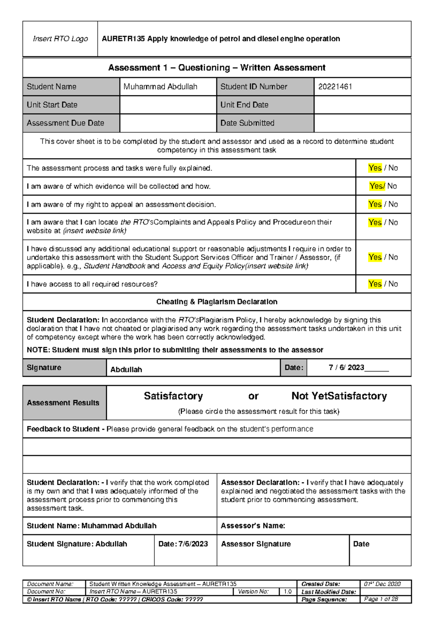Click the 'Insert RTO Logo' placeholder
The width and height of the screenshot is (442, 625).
[x=60, y=39]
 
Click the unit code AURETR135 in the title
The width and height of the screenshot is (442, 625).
[x=123, y=39]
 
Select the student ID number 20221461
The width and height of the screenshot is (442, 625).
[x=335, y=86]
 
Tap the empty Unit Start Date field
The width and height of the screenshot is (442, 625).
[x=168, y=105]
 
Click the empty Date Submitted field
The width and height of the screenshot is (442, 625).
[x=362, y=123]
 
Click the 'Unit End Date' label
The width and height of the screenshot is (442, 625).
[x=244, y=105]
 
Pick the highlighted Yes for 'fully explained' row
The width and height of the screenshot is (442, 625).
[x=375, y=168]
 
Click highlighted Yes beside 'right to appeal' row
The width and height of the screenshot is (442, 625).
[x=375, y=204]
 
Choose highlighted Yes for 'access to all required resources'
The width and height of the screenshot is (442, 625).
[x=375, y=284]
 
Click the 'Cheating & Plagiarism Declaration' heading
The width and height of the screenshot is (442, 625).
[x=217, y=302]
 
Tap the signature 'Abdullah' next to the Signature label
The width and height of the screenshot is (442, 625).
[x=126, y=370]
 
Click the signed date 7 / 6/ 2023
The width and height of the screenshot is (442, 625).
[x=346, y=367]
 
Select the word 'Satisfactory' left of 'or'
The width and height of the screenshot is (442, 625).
[x=173, y=396]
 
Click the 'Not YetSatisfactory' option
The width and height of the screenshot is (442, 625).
[x=339, y=396]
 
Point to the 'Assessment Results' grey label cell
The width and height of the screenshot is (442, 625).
[x=63, y=403]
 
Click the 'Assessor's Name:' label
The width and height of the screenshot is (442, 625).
[x=253, y=526]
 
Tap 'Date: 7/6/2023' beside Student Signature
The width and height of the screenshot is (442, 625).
[x=183, y=544]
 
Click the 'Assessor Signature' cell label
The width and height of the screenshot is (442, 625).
[x=256, y=544]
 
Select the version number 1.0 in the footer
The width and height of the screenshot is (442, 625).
[x=287, y=592]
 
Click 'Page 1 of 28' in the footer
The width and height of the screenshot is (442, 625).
[x=381, y=599]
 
